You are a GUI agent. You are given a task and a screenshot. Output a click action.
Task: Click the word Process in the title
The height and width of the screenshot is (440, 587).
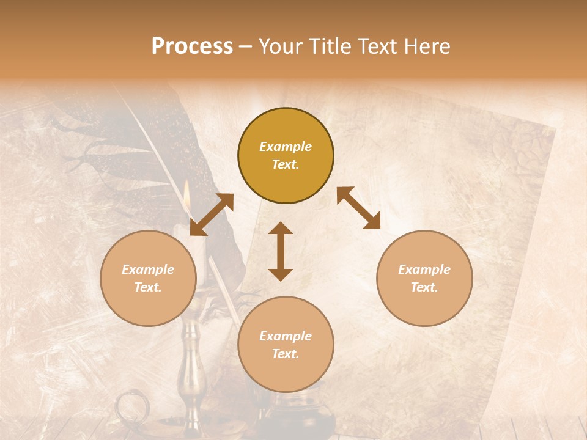point(192,46)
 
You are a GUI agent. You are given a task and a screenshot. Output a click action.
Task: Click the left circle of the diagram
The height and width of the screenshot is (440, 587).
point(149,278)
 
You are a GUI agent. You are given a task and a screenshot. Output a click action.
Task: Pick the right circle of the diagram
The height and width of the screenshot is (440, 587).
point(424,278)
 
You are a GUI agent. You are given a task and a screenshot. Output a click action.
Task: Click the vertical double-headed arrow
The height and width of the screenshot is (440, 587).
point(281,251)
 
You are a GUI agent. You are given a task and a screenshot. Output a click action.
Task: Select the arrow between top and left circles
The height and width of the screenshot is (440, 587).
point(212,215)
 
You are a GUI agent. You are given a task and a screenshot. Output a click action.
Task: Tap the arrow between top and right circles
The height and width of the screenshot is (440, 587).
point(358,208)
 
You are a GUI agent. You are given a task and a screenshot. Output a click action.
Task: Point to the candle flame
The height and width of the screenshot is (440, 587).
point(187,194)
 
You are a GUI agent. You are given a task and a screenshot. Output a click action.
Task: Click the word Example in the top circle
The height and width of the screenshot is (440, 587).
point(286,147)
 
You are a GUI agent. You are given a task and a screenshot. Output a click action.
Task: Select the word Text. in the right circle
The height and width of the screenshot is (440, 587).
point(424,287)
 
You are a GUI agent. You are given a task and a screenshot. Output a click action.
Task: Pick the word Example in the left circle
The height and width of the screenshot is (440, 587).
point(148,269)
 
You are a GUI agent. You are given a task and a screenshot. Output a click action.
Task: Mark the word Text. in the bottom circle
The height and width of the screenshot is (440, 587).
point(286,354)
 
